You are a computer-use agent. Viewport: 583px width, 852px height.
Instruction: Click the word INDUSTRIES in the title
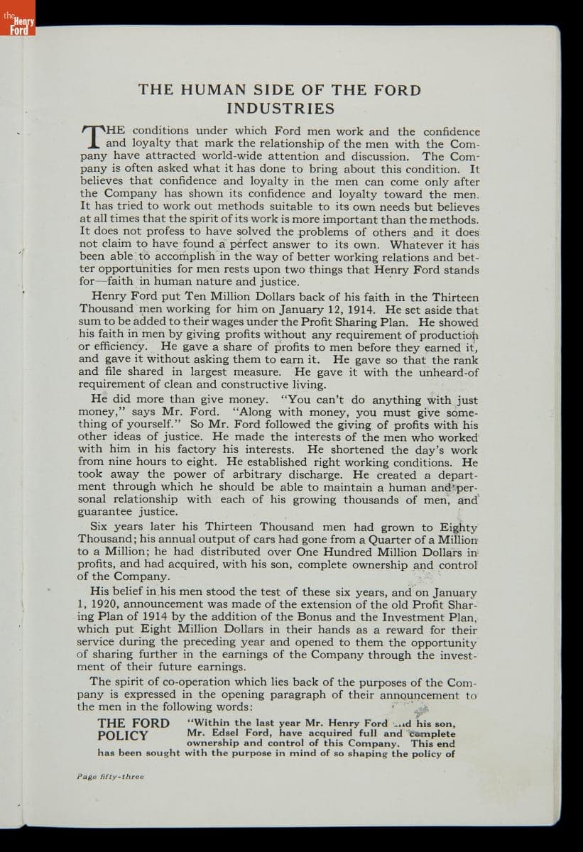pyautogui.click(x=280, y=109)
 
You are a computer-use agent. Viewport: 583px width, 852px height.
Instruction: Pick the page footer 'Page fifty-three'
pyautogui.click(x=109, y=776)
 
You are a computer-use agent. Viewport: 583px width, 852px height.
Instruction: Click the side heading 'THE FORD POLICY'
pyautogui.click(x=134, y=729)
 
